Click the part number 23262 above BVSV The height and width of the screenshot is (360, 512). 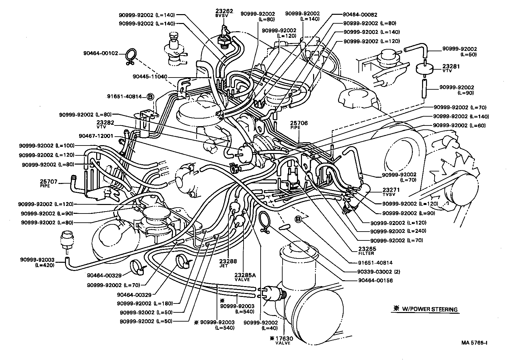point(224,11)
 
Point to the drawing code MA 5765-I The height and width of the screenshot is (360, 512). point(474,343)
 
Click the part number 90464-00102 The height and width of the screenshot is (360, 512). point(100,53)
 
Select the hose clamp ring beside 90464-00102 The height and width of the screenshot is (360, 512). point(130,56)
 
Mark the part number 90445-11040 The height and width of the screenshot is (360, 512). point(150,77)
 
